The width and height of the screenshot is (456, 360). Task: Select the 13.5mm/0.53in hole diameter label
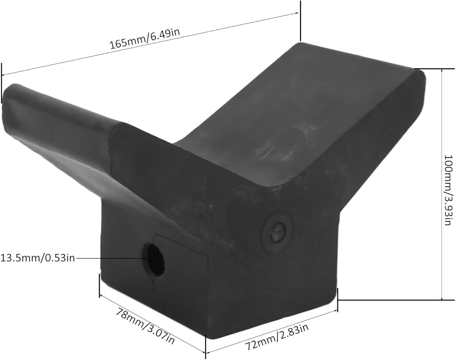(38, 257)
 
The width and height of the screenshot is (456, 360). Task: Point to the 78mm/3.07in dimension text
(145, 325)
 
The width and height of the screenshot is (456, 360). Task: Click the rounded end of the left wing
(8, 96)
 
